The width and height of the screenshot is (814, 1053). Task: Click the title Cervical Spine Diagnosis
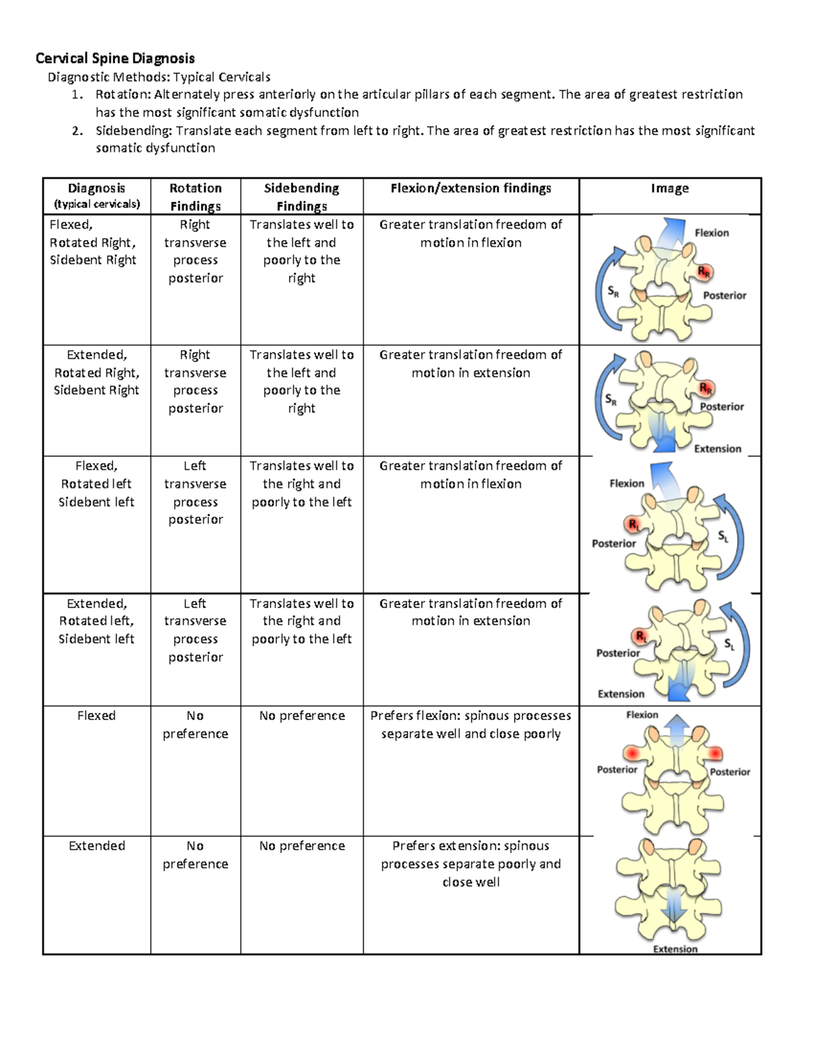[x=115, y=58]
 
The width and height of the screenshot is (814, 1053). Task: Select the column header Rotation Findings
[x=195, y=197]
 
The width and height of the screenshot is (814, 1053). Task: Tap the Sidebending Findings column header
[x=301, y=197]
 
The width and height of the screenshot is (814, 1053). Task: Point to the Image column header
[x=670, y=188]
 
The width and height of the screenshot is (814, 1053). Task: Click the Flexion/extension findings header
[x=471, y=188]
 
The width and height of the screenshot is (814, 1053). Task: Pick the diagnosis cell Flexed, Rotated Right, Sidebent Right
[x=93, y=242]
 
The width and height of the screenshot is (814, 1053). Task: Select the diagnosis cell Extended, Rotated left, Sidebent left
[x=96, y=621]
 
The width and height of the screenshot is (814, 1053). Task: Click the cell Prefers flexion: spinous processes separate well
[x=471, y=724]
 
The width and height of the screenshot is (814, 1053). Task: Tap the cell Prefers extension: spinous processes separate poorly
[x=471, y=864]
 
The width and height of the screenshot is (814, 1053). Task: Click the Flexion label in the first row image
[x=712, y=233]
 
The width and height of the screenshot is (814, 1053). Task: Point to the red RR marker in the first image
[x=705, y=273]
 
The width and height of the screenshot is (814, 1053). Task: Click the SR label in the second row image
[x=611, y=400]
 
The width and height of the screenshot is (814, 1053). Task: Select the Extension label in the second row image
[x=718, y=449]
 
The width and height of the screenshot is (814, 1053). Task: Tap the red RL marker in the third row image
[x=634, y=524]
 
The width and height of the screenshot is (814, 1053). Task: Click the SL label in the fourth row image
[x=729, y=644]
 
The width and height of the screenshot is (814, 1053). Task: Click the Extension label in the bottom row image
[x=675, y=949]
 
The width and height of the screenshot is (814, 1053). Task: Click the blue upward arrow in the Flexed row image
[x=676, y=730]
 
